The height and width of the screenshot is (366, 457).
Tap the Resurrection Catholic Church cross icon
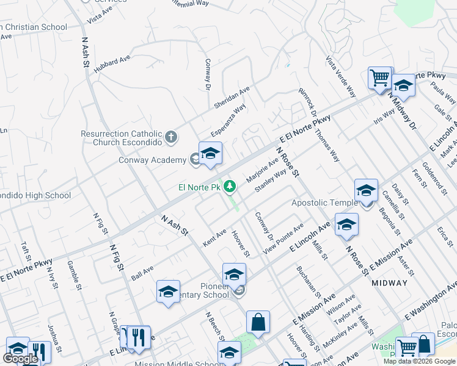click(x=171, y=137)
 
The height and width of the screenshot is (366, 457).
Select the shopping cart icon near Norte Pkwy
click(x=379, y=78)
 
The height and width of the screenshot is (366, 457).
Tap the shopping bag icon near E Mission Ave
click(x=258, y=321)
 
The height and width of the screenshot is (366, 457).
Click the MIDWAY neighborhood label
click(x=389, y=283)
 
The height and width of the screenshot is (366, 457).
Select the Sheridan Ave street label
click(x=232, y=97)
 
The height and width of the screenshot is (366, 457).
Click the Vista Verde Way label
click(x=341, y=77)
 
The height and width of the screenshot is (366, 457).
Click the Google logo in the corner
click(x=20, y=359)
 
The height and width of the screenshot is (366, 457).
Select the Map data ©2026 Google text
click(x=419, y=361)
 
